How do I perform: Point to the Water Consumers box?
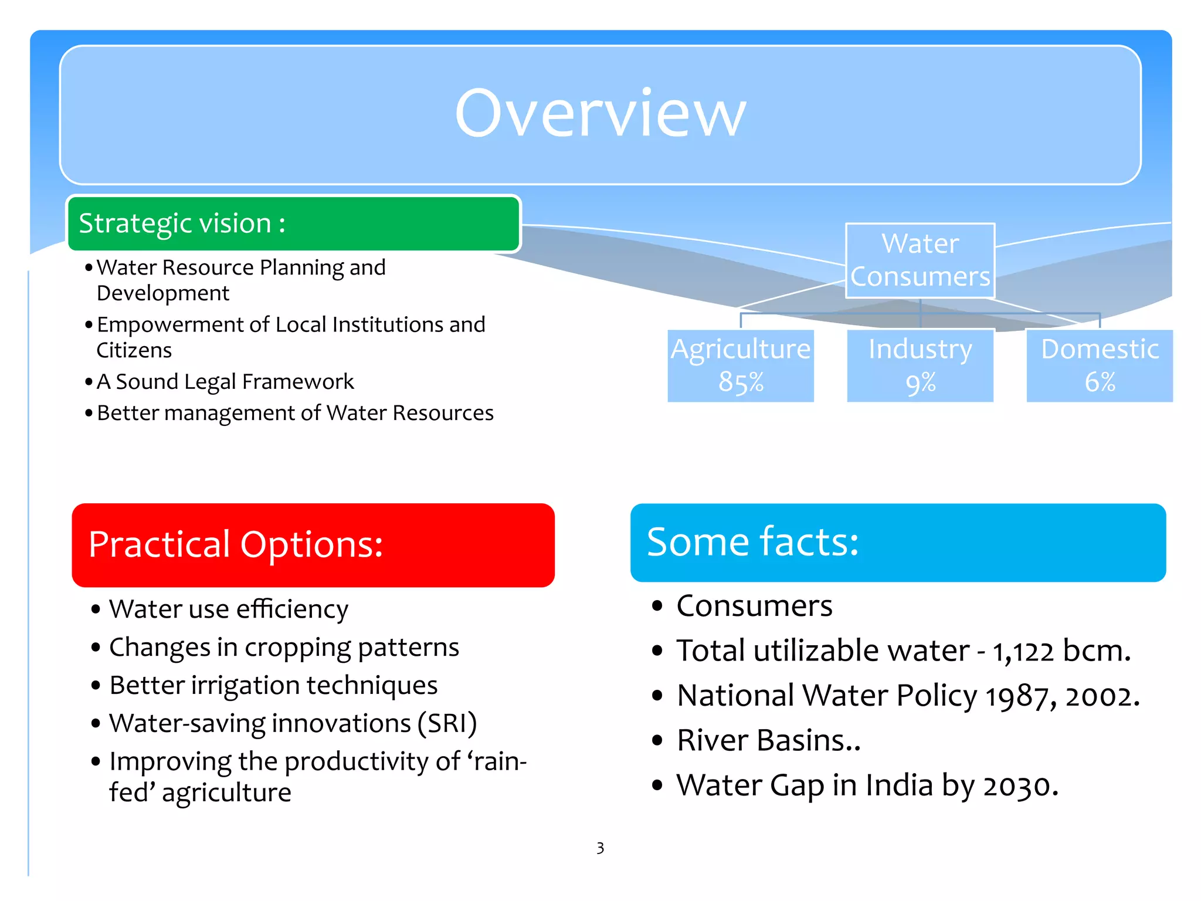click(920, 260)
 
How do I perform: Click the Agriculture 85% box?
click(741, 365)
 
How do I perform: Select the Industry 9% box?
click(920, 365)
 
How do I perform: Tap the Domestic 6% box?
click(1099, 365)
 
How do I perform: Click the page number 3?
click(600, 848)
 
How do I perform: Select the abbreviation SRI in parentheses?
click(447, 723)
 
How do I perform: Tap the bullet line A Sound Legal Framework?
click(225, 381)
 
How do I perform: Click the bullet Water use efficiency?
click(229, 609)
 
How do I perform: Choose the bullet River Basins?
click(768, 740)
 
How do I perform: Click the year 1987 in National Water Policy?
click(1017, 697)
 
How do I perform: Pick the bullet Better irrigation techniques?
click(273, 685)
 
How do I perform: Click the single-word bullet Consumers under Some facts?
click(754, 606)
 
